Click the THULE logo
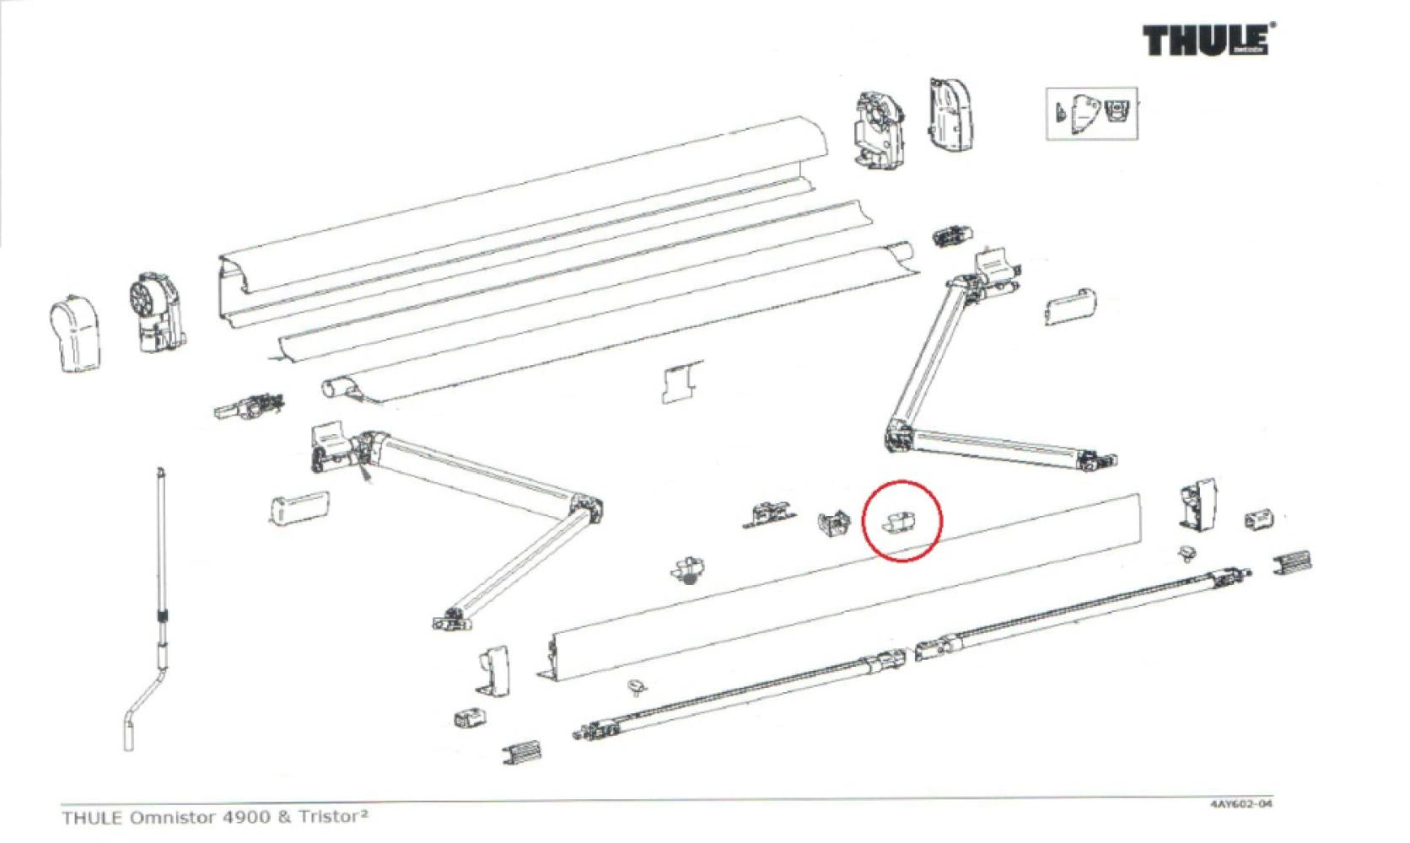pyautogui.click(x=1208, y=40)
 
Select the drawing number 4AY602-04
pyautogui.click(x=1240, y=803)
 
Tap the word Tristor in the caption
pyautogui.click(x=329, y=817)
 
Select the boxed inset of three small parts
pyautogui.click(x=1092, y=113)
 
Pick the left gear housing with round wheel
pyautogui.click(x=156, y=312)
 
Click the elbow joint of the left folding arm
pyautogui.click(x=588, y=510)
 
